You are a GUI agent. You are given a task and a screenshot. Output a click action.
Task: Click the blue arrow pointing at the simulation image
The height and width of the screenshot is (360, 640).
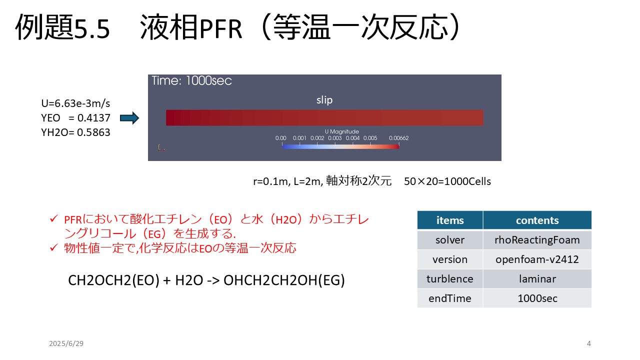(129, 118)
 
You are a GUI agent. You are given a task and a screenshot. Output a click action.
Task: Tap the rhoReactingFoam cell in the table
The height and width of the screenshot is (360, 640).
(537, 240)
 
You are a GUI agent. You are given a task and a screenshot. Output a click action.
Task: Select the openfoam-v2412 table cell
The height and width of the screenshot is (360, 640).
(537, 259)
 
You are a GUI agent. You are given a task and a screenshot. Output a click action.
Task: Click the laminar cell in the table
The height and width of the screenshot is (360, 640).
(537, 279)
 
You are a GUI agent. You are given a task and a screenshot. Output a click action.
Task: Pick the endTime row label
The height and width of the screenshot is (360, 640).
(450, 298)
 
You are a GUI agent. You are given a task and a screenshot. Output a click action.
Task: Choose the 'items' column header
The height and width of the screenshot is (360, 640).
(450, 220)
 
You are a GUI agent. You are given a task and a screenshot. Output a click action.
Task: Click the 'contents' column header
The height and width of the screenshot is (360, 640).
(537, 220)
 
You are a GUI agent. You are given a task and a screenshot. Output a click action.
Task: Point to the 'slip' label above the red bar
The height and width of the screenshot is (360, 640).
(324, 100)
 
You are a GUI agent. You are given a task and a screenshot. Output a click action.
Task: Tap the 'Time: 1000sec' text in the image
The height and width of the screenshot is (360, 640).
(191, 81)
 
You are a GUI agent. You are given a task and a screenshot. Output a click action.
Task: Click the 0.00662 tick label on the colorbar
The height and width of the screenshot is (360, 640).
(398, 138)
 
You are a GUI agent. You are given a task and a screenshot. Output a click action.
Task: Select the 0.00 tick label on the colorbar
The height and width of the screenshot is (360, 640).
(280, 138)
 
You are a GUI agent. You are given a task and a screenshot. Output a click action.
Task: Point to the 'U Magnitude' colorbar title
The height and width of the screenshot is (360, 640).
(341, 131)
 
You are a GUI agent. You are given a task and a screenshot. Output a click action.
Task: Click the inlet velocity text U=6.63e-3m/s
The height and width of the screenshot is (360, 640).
(75, 103)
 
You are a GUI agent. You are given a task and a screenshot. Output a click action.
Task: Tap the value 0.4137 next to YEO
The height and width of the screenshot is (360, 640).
(93, 118)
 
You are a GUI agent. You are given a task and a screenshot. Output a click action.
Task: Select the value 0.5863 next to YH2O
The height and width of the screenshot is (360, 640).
(93, 132)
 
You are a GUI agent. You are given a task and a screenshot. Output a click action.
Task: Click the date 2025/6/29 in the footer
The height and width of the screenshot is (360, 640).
(66, 343)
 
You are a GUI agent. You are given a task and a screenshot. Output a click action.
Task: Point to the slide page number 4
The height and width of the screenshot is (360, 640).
(589, 343)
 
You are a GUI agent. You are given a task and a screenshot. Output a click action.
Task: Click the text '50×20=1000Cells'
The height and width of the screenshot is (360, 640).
(447, 181)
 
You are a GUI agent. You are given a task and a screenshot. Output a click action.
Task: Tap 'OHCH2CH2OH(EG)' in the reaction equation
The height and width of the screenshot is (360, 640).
(284, 280)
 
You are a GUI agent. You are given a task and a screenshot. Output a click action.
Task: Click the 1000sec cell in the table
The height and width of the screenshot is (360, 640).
(537, 298)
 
